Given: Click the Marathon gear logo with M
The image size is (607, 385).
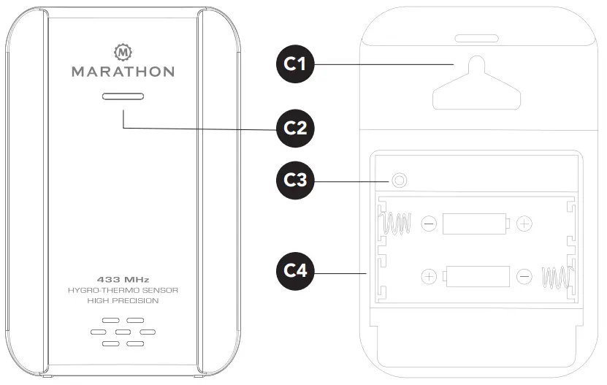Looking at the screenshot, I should pos(123,53).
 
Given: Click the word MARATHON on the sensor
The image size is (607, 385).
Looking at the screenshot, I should pos(123,72).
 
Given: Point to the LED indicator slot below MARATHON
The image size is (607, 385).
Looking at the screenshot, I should pos(123,96).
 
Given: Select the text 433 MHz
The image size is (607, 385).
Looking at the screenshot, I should pos(122,279).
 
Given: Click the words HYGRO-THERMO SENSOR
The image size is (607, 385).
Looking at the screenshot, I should pos(122,290).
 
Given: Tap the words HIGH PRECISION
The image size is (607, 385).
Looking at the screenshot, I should pos(122,301).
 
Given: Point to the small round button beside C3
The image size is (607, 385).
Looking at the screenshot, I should pos(398,180).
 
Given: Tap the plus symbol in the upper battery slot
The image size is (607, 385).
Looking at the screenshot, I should pos(524,224).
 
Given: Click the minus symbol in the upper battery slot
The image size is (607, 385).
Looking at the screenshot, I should pos(430,224).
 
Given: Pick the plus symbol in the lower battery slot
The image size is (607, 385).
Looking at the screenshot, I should pos(430,277).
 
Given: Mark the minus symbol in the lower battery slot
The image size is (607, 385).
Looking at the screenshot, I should pos(524,277).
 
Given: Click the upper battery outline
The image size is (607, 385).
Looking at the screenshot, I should pos(476,223).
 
